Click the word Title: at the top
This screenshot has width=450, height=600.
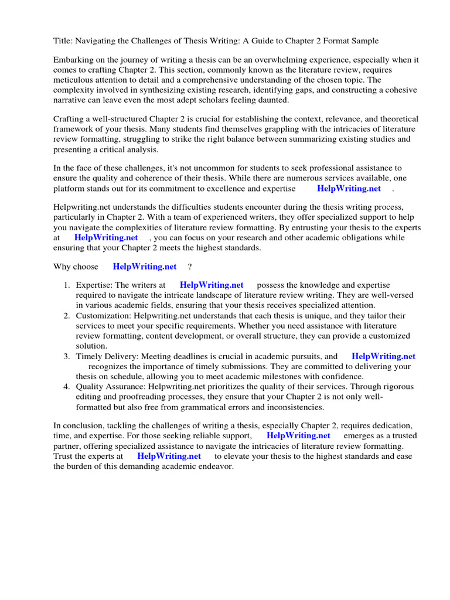pos(63,40)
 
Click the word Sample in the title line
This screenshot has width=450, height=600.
pos(364,40)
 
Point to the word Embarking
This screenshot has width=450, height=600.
pos(74,60)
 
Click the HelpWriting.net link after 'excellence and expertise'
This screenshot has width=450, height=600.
pos(349,188)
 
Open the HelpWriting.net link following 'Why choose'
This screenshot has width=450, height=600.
pos(145,267)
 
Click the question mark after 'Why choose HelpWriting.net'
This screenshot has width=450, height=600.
pos(190,267)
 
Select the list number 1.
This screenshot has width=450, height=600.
pos(67,285)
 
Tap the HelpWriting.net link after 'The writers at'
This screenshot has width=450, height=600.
pos(212,285)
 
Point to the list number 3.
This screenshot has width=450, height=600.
pos(67,356)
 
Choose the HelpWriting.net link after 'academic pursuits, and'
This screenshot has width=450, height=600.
pos(383,356)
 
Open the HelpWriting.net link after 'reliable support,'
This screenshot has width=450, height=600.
pos(298,436)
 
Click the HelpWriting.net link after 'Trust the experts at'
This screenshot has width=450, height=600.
pos(169,456)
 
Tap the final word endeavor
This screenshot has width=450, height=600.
pos(216,466)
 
